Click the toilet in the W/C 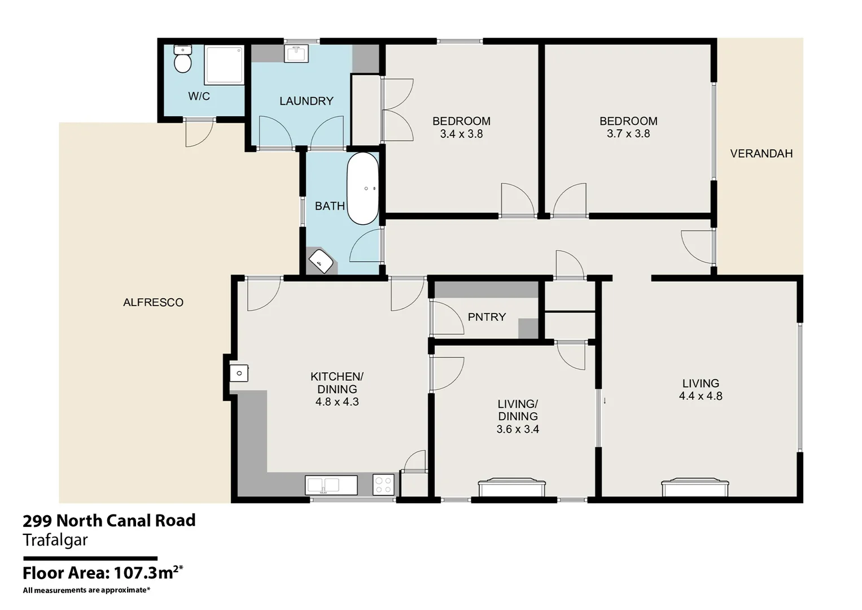point(182,59)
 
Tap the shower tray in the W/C point(224,65)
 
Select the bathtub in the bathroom point(362,188)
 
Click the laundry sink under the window point(296,54)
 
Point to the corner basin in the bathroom point(322,261)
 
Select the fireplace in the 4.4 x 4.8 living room point(695,487)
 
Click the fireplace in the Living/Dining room point(511,487)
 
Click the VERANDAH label point(761,154)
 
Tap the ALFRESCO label point(153,302)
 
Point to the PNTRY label point(487,317)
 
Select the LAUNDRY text point(307,101)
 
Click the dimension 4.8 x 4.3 point(337,402)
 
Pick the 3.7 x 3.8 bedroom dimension point(628,134)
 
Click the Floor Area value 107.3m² point(148,573)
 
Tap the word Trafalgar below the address point(55,540)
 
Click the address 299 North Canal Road point(109,520)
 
